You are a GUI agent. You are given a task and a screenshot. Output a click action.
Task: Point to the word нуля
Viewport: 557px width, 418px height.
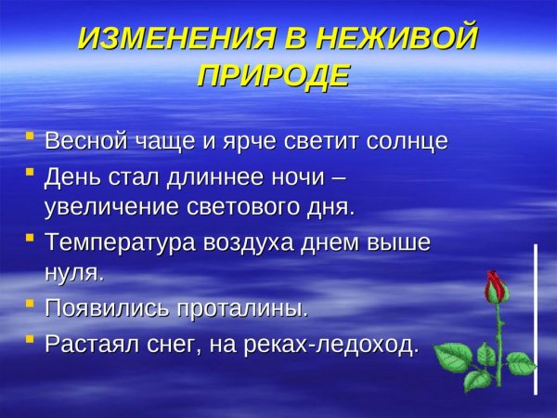coord(73,273)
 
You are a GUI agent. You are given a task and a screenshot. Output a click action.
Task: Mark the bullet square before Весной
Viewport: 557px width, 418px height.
coord(30,139)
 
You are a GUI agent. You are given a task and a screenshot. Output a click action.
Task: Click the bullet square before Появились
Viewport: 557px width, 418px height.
coord(30,305)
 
